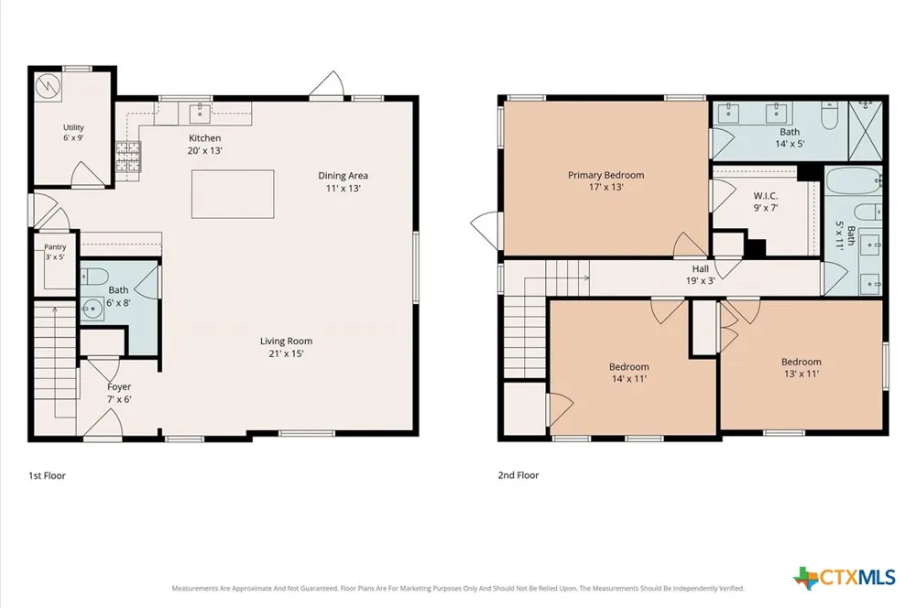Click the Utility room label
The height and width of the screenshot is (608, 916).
click(x=73, y=133)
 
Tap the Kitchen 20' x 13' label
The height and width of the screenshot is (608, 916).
click(x=204, y=145)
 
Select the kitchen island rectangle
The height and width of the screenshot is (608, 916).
click(x=233, y=194)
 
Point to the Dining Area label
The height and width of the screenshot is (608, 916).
click(x=343, y=181)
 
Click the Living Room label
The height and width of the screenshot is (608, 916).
click(x=286, y=347)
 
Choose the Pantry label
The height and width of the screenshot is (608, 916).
click(x=55, y=252)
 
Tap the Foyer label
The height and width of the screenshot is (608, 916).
click(x=118, y=393)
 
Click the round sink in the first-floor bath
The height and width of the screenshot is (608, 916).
click(x=93, y=309)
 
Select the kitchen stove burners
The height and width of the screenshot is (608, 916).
click(x=128, y=157)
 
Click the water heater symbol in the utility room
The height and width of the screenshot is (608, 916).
click(x=48, y=86)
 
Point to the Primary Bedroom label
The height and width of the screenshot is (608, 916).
click(x=605, y=181)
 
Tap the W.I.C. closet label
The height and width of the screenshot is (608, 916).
click(x=765, y=201)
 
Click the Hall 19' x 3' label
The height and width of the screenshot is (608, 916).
click(x=701, y=275)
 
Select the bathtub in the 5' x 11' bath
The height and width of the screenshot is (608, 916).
click(x=853, y=180)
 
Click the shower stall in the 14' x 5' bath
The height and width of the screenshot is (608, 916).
click(x=865, y=130)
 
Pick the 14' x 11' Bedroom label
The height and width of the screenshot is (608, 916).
click(x=629, y=373)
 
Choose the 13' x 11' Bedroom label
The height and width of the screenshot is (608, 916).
click(x=801, y=367)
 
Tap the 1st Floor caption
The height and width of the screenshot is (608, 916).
click(x=48, y=475)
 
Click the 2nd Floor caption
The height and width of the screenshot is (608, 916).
click(x=518, y=475)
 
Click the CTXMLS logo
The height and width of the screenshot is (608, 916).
click(x=845, y=578)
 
